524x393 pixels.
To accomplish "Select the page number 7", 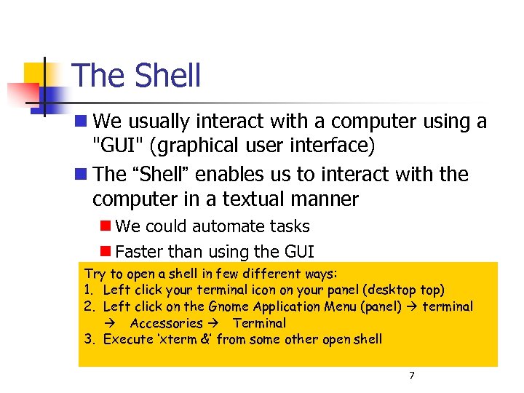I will pos(412,376).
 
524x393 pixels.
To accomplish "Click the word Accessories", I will pos(166,322).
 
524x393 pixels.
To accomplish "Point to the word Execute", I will pos(127,338).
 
